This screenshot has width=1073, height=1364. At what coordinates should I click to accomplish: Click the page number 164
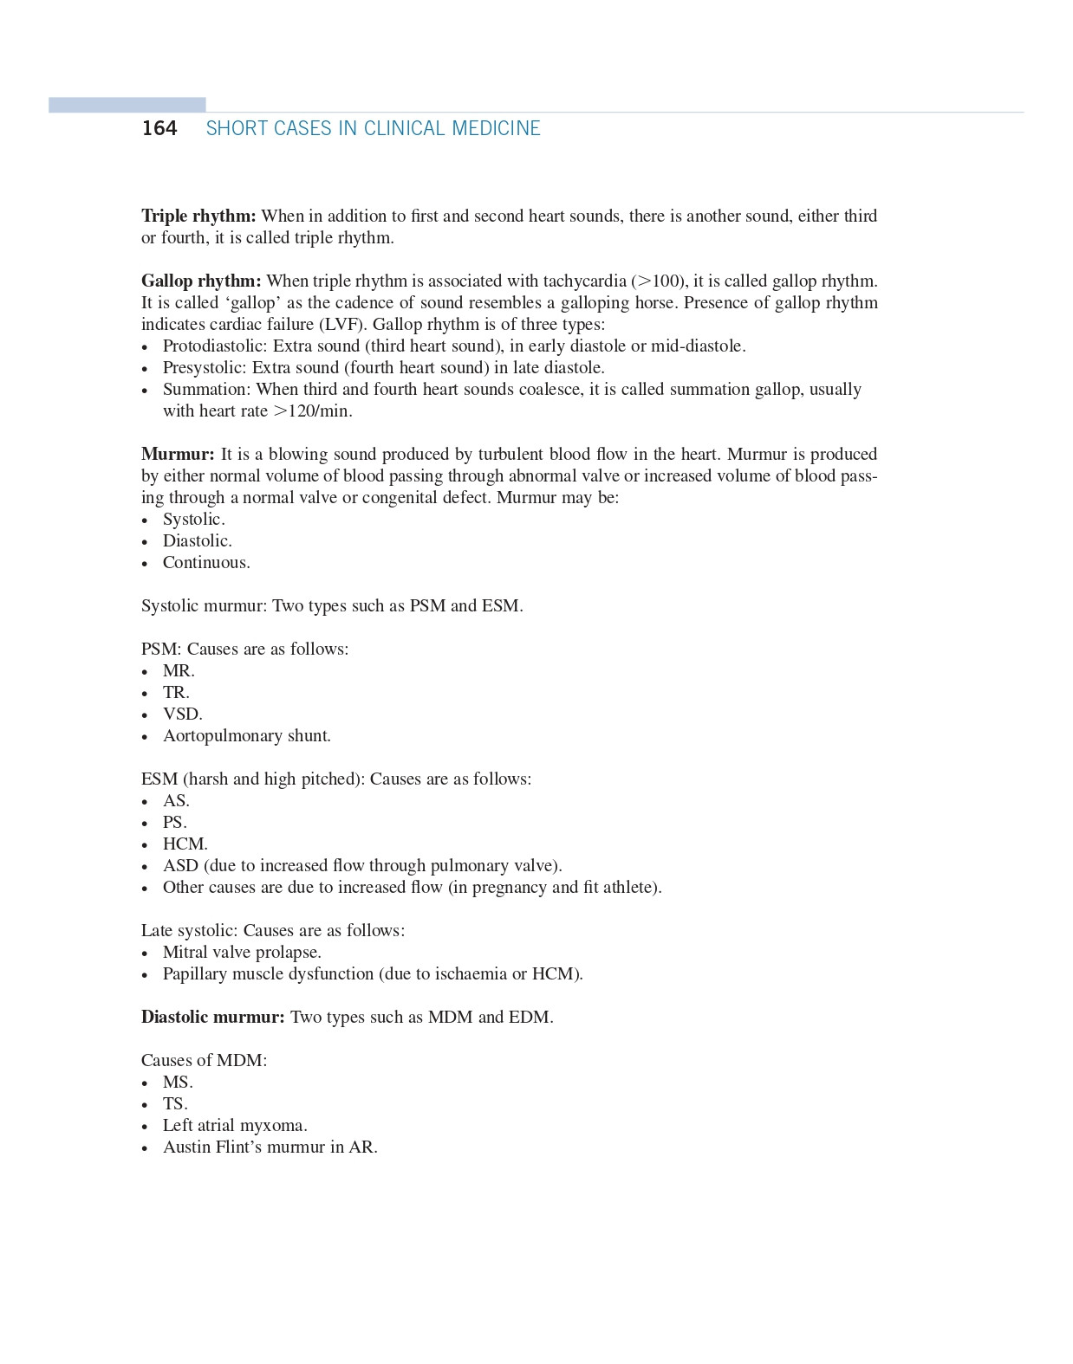point(159,128)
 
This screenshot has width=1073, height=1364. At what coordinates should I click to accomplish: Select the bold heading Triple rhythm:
point(198,216)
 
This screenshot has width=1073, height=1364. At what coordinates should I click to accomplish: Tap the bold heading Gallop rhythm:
point(201,281)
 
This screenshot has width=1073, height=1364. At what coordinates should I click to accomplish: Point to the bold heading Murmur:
point(178,454)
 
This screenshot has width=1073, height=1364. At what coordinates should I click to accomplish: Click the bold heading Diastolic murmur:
point(212,1017)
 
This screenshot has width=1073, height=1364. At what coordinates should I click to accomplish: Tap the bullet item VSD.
point(182,714)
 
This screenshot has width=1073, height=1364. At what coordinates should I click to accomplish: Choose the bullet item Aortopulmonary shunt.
point(246,735)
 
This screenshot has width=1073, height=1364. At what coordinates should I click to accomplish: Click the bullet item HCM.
point(185,844)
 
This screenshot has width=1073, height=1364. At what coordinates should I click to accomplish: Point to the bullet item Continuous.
point(206,562)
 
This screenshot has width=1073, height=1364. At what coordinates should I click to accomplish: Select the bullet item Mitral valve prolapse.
point(242,952)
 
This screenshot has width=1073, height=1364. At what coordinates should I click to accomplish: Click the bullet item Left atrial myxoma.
point(235,1125)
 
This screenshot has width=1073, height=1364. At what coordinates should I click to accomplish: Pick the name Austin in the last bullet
point(186,1147)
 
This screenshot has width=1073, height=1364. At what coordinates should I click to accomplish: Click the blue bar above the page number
point(127,105)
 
